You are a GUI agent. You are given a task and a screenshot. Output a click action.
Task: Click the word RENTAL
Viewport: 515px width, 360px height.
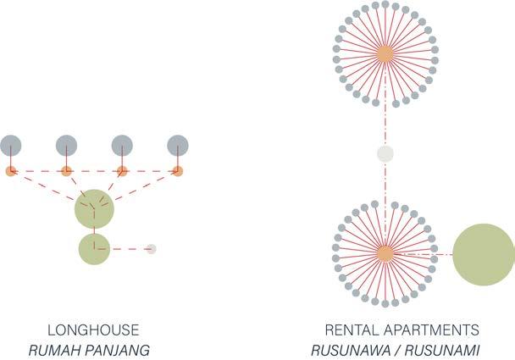[349, 330]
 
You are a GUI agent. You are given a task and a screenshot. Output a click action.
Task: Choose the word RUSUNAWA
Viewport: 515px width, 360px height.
[344, 349]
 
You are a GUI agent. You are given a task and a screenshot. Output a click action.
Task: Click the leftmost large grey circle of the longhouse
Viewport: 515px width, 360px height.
[11, 145]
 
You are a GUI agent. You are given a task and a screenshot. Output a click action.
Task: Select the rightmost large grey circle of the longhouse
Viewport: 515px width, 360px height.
[178, 145]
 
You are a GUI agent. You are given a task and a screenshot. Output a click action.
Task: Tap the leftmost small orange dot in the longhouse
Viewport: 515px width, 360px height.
[11, 171]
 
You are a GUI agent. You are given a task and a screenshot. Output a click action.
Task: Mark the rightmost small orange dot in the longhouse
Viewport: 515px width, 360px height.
[178, 171]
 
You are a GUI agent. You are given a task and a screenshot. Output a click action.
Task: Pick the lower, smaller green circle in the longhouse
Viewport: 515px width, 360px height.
[94, 249]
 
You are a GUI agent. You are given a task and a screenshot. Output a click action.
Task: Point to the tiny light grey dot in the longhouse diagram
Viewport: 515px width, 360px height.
[151, 249]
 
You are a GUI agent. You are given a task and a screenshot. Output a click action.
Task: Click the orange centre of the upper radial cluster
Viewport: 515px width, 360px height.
[385, 53]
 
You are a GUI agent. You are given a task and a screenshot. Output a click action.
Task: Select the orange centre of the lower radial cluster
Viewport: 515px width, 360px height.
[385, 253]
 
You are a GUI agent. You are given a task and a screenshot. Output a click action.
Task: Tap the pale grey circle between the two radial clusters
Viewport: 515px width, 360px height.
[385, 153]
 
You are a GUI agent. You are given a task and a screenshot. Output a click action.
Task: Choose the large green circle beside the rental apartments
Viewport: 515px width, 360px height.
[485, 254]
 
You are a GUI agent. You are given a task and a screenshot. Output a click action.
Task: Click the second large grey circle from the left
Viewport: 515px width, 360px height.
[66, 145]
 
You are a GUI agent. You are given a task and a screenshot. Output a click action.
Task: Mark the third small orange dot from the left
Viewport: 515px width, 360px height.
[122, 171]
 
